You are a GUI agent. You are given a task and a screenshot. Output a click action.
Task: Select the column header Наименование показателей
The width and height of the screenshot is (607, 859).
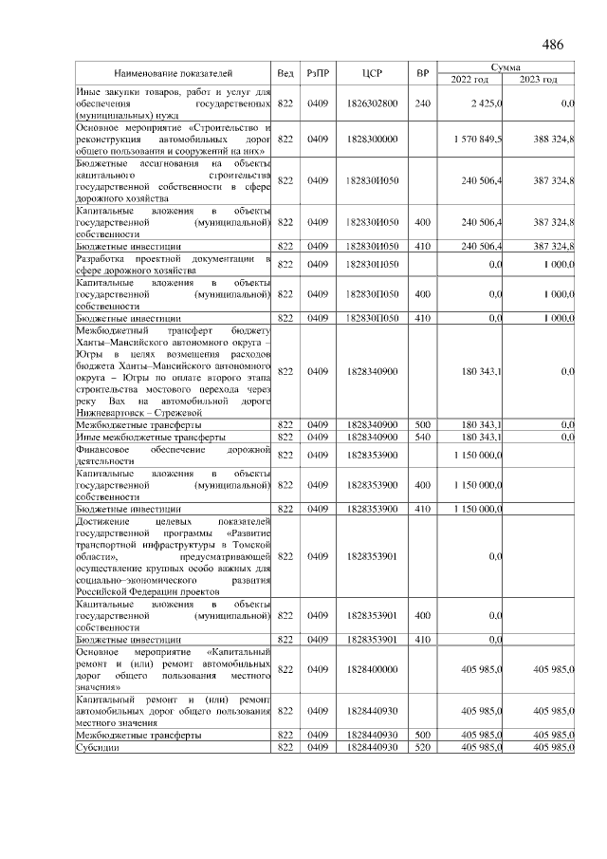coord(173,73)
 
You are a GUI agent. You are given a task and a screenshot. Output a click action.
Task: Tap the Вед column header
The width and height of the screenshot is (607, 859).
coord(285,73)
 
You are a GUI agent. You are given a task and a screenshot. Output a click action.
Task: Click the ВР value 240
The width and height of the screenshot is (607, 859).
coord(423,103)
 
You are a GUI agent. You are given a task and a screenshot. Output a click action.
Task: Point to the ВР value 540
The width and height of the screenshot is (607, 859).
coord(423,437)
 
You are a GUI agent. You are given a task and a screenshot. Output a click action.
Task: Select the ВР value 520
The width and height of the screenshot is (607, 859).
coord(423,748)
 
